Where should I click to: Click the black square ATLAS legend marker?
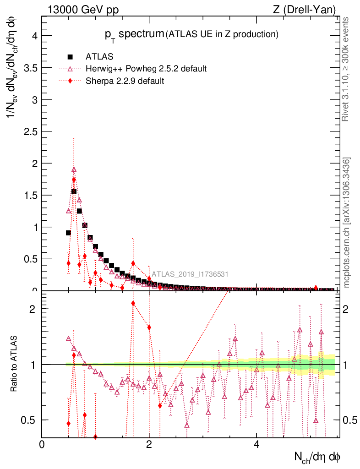(70, 57)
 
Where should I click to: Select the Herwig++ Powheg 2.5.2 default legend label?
(146, 69)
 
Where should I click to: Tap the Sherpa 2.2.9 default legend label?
(125, 81)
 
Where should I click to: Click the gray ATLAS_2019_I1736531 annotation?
(190, 275)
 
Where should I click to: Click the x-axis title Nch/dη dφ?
(317, 457)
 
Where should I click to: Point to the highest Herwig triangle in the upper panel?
(74, 169)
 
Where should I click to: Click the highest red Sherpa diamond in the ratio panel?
(133, 303)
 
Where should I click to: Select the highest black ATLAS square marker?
(74, 191)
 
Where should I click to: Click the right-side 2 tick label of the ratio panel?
(348, 309)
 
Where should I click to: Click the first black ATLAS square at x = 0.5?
(68, 233)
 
